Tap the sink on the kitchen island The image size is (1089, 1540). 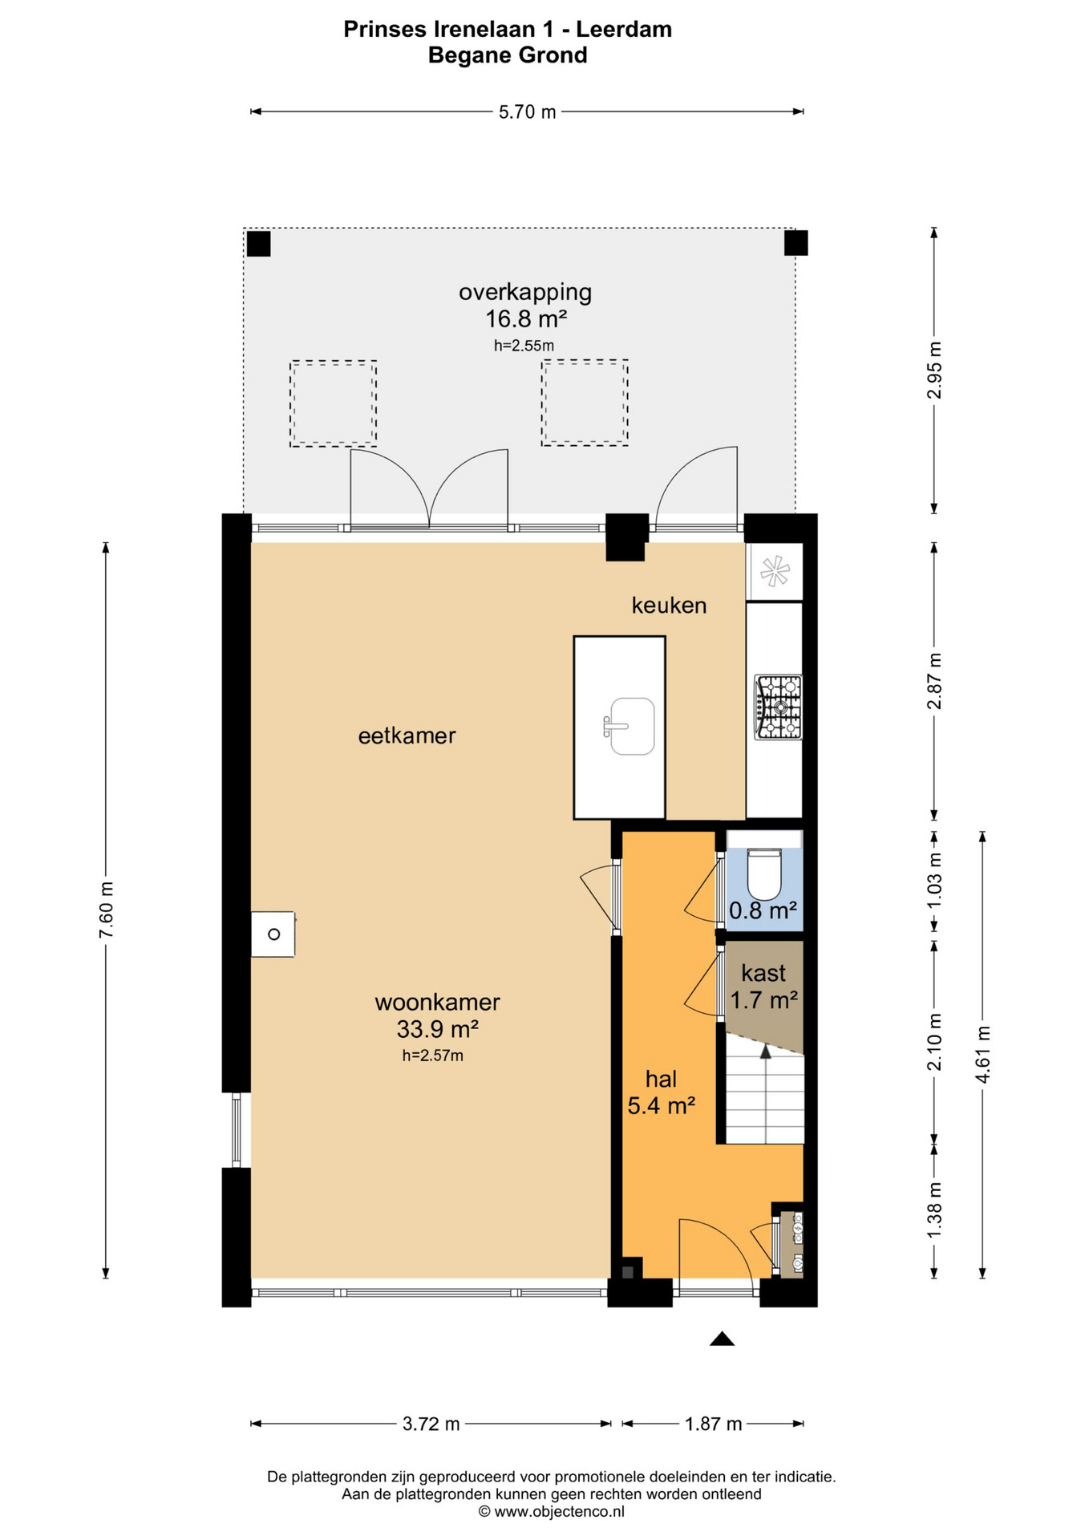[630, 726]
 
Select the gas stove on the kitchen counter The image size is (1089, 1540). [778, 707]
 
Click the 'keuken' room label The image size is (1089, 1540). [669, 605]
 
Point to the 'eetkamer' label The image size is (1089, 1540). [407, 736]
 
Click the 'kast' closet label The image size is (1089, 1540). [763, 973]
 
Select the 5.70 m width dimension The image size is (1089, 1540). [527, 111]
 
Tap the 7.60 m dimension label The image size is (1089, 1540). [106, 910]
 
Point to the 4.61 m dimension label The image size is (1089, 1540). [982, 1054]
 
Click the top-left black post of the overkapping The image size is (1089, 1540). [258, 243]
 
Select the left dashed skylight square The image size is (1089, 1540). [333, 403]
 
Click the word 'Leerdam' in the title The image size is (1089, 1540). [624, 29]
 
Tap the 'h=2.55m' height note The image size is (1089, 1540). [524, 346]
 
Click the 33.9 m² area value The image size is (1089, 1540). [438, 1028]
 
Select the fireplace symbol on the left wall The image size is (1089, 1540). [273, 934]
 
